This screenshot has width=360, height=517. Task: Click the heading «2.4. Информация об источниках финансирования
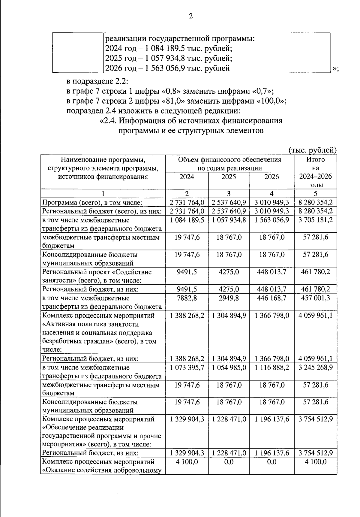click(191, 121)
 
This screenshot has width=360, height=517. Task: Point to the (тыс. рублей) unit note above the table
click(312, 150)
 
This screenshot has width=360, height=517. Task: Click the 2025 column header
click(229, 177)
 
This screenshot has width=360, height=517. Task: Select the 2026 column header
click(271, 177)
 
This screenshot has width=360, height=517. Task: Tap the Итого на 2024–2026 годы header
click(316, 172)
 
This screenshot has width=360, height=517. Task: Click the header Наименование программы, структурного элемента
click(103, 168)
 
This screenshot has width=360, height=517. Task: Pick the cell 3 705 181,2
click(316, 220)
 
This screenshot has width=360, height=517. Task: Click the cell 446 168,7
click(271, 298)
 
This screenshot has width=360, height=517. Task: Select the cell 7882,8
click(187, 298)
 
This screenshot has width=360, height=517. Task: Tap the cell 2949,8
click(229, 298)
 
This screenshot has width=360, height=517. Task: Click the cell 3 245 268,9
click(316, 367)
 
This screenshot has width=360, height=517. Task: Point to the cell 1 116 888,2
click(271, 367)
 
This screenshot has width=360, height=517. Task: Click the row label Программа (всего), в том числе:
click(92, 203)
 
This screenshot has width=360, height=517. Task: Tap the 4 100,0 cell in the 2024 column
click(187, 462)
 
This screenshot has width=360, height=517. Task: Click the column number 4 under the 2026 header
click(271, 194)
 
